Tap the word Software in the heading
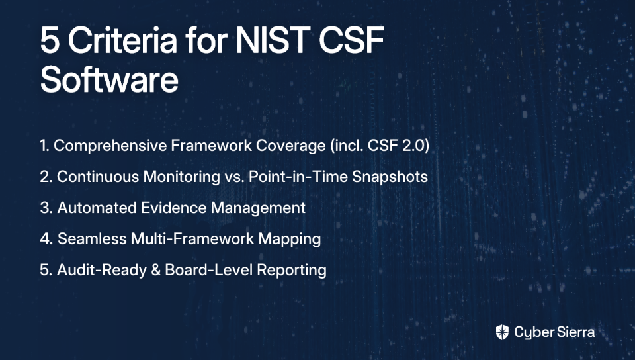tap(109, 80)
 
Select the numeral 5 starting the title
tap(50, 41)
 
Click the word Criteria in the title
tap(122, 40)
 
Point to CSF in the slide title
tap(351, 40)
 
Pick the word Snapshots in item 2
tap(390, 177)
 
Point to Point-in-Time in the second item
tap(298, 177)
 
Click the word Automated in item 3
tap(97, 208)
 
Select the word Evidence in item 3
tap(173, 208)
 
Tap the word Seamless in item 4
tap(92, 239)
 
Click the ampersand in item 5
tap(156, 270)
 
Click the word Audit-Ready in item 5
tap(102, 271)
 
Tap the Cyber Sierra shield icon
tap(502, 332)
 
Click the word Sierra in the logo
tap(575, 332)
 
